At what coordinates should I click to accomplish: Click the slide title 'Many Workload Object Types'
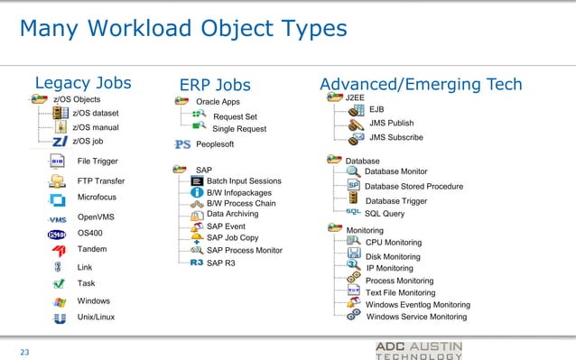(x=183, y=29)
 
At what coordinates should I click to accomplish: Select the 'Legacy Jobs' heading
(x=82, y=83)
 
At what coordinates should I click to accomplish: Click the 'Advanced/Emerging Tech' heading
(x=421, y=83)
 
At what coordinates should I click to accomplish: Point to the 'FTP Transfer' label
(x=101, y=180)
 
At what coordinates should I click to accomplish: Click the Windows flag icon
(x=60, y=301)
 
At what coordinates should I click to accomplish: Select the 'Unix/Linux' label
(x=96, y=318)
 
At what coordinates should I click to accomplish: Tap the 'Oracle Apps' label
(x=218, y=101)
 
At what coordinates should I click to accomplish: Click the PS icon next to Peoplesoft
(x=181, y=144)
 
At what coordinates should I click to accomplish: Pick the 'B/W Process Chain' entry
(x=241, y=203)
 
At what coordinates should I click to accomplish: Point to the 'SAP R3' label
(x=221, y=263)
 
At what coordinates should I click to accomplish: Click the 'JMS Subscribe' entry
(x=396, y=137)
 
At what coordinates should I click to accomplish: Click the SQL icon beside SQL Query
(x=353, y=213)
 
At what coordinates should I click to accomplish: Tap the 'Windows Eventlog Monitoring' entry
(x=417, y=305)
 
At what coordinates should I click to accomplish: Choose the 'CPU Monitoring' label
(x=393, y=243)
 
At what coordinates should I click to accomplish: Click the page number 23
(x=24, y=351)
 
